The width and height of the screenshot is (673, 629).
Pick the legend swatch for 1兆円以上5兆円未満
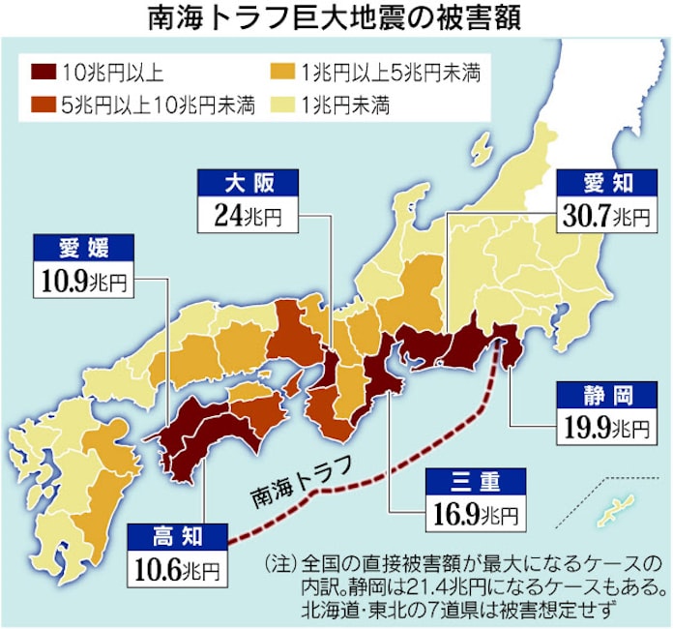tap(279, 71)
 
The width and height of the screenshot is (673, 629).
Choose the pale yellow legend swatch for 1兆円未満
tap(279, 105)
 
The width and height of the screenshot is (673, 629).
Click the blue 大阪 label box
tap(245, 182)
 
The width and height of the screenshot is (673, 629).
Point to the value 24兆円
tap(245, 214)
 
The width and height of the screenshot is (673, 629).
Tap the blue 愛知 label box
tap(606, 182)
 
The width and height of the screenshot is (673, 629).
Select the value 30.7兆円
tap(606, 214)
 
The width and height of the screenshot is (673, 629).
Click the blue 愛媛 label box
tap(80, 248)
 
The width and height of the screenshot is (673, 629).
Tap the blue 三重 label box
tap(474, 480)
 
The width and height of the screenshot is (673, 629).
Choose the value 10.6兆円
tap(176, 568)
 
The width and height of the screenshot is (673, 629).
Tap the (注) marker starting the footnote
tap(279, 563)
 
